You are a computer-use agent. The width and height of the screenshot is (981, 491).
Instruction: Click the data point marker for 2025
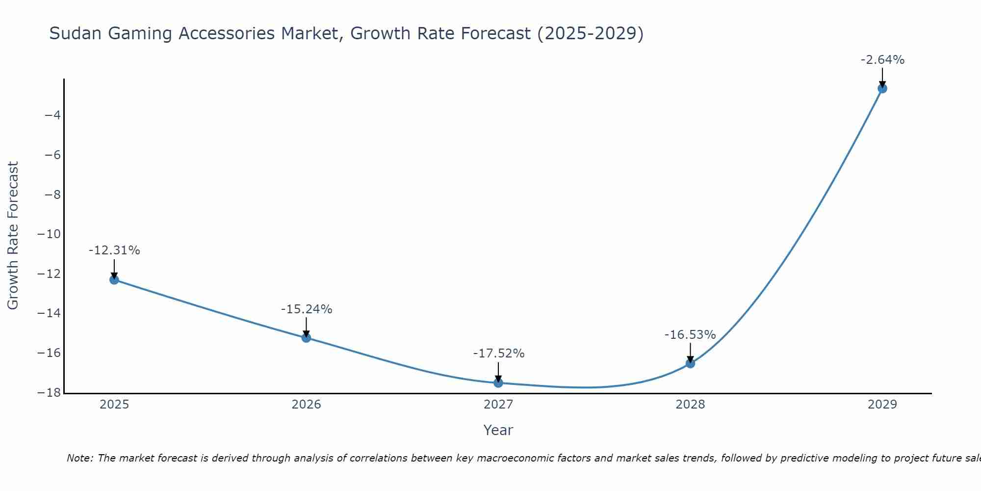click(114, 280)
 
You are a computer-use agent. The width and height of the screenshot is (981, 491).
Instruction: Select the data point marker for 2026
click(306, 338)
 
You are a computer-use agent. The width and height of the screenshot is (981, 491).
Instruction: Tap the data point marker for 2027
click(498, 383)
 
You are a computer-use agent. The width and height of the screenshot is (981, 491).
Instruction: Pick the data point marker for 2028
click(690, 363)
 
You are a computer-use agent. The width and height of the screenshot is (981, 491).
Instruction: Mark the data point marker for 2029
click(882, 88)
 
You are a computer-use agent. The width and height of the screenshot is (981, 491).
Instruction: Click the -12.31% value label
click(114, 250)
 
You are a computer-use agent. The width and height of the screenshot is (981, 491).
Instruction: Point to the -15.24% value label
click(307, 309)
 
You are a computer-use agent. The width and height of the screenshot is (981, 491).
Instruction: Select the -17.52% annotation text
click(499, 354)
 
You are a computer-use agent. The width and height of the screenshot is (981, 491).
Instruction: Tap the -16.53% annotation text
click(690, 335)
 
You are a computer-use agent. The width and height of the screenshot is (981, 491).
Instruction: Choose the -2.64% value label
click(882, 60)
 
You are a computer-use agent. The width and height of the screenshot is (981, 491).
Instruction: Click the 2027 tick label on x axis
click(498, 405)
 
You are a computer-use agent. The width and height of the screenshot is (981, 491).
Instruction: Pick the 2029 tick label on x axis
click(882, 405)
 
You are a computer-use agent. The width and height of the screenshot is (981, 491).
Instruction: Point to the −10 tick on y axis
click(49, 234)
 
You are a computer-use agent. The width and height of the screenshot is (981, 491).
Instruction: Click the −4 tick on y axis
click(52, 115)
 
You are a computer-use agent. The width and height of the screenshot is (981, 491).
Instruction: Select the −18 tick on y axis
click(49, 393)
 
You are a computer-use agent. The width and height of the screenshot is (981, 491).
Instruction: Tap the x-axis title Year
click(498, 430)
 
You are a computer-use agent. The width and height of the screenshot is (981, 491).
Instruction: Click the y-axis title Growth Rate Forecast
click(13, 236)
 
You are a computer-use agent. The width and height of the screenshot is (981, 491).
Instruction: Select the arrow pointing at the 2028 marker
click(690, 353)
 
